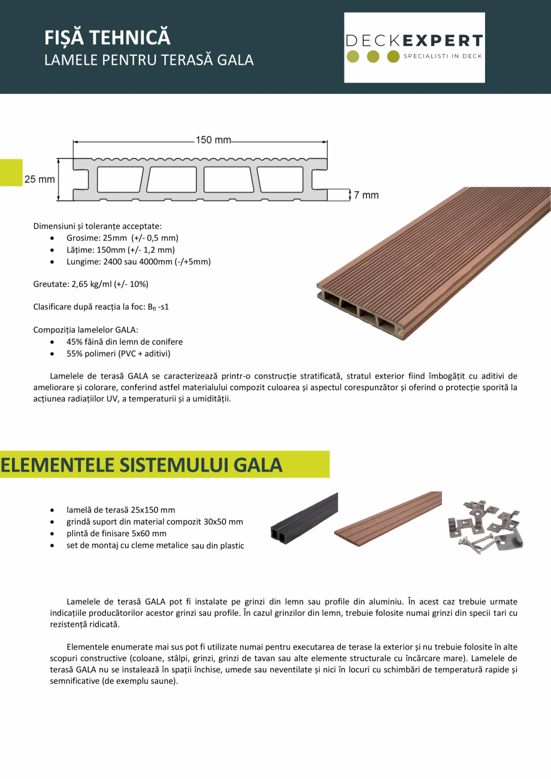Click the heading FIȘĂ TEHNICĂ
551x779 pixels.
[108, 38]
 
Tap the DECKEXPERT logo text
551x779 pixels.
[414, 41]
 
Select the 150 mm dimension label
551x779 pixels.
[213, 140]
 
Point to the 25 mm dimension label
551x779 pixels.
[40, 179]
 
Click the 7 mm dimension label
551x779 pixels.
[366, 195]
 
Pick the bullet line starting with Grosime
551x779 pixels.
[122, 237]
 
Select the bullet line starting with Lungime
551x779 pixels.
[138, 262]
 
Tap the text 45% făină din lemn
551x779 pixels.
[125, 342]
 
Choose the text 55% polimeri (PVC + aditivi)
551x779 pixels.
[119, 354]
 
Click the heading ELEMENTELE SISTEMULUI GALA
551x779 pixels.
[141, 465]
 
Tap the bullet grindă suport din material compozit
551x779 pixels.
[155, 521]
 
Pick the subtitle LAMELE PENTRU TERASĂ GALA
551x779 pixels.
[149, 60]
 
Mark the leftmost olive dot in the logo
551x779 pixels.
[353, 57]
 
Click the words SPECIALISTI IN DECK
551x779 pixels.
[443, 56]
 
